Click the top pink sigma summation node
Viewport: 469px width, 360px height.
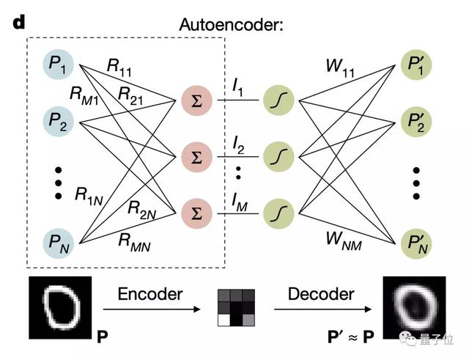click(193, 101)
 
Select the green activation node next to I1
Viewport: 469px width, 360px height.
click(278, 101)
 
